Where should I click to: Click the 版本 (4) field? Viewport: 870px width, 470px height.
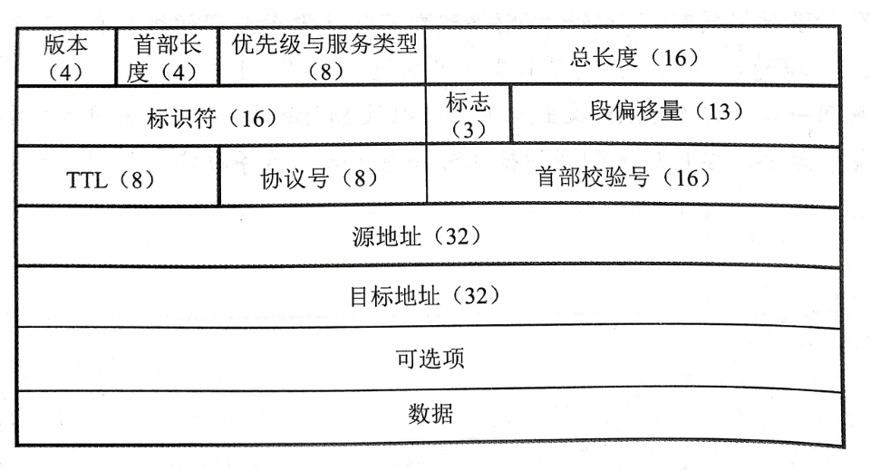(x=65, y=58)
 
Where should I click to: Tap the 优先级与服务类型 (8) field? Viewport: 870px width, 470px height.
(x=324, y=58)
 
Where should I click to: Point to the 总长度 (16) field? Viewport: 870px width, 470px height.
(x=633, y=58)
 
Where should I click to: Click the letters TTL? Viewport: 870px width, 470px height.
(x=87, y=179)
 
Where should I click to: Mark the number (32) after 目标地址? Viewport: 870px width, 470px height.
(x=477, y=296)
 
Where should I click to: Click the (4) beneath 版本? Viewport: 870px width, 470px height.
(x=65, y=72)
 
